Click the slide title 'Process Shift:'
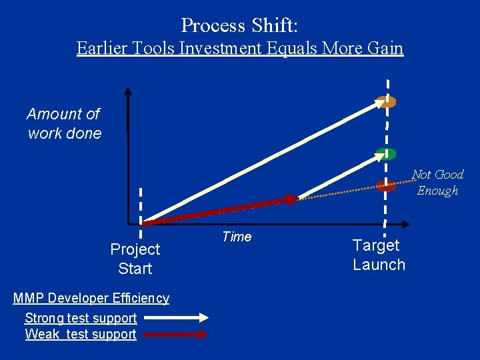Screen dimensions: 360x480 click(239, 25)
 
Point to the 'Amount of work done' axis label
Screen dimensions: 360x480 click(64, 124)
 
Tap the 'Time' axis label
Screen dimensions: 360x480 click(237, 237)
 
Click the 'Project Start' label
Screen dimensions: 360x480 click(135, 259)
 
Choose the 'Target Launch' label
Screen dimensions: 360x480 click(379, 255)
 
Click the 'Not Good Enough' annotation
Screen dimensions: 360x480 click(437, 182)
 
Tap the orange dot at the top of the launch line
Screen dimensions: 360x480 click(385, 102)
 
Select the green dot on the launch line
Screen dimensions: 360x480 click(385, 154)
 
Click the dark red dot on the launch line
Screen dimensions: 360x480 click(385, 185)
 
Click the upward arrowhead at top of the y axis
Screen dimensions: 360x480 click(128, 93)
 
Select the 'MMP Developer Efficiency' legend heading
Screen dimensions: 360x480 click(91, 298)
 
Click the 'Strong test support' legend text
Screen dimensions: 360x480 click(81, 318)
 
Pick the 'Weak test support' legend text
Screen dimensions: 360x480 click(81, 334)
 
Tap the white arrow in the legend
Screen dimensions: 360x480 click(175, 318)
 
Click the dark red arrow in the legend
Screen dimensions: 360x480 click(175, 335)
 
